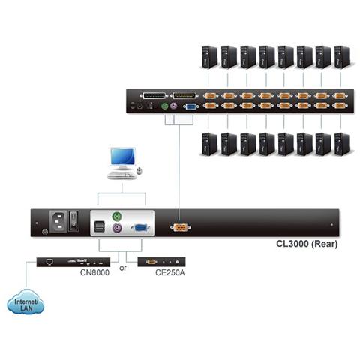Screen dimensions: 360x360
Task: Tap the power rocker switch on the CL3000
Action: tap(73, 220)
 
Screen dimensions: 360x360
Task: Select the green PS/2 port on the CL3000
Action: tap(116, 217)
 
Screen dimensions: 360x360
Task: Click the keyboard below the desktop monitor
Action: tap(121, 175)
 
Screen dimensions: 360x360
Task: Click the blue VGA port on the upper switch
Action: tap(192, 106)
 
